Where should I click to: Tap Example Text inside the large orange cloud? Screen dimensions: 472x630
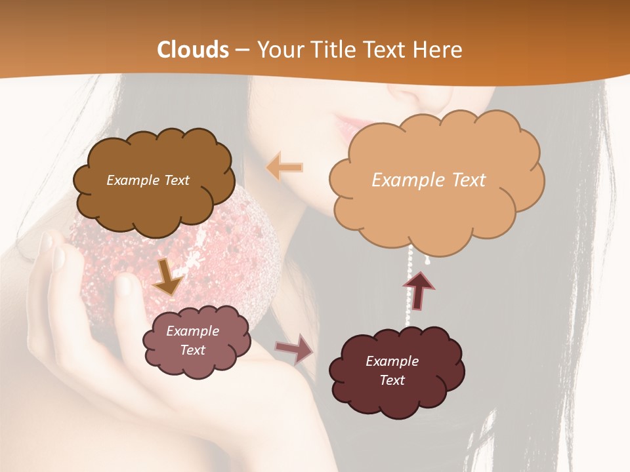429,180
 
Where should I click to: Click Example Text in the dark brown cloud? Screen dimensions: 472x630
148,180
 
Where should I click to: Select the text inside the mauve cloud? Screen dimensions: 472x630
193,340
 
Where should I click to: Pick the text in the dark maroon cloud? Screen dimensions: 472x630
392,370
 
